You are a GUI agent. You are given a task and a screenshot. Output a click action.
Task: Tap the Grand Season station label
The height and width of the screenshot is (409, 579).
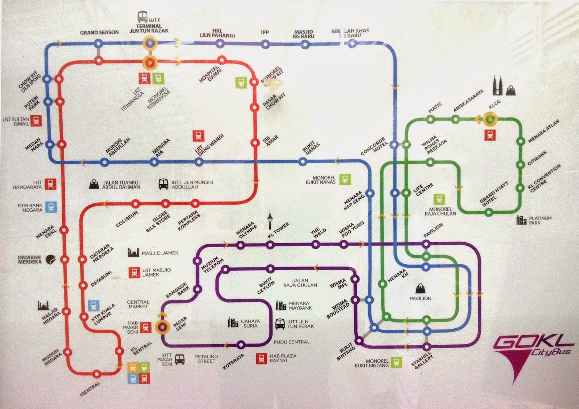point(99,32)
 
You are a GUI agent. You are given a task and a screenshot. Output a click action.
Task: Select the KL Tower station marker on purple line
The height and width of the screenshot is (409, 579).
point(270,245)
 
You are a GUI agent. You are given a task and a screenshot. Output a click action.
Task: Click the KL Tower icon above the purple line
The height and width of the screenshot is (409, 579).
point(270,220)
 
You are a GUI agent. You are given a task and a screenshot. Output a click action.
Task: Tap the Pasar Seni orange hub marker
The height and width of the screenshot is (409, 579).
point(162,327)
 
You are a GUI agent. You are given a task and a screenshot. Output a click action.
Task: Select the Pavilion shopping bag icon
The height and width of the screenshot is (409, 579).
point(420,288)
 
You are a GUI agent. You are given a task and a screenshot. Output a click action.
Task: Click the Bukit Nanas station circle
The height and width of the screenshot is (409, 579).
point(303,161)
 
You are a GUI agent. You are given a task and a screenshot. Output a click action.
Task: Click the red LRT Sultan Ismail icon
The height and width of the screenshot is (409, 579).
point(35,121)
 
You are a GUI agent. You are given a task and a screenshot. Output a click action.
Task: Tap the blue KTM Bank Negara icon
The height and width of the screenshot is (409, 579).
point(51,207)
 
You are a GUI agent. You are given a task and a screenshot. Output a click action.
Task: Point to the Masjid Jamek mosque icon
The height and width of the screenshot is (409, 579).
point(134,252)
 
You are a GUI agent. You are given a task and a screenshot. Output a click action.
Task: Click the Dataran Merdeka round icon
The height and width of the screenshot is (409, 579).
point(51,259)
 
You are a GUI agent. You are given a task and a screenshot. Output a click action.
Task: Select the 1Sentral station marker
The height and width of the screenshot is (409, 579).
point(97,374)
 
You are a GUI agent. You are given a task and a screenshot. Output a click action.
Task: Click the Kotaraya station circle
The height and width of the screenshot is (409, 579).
point(240,345)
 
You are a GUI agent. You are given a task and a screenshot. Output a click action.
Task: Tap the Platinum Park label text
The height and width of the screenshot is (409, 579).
point(540,220)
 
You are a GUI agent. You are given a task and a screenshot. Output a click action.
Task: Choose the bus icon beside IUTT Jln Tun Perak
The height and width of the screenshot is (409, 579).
point(280,324)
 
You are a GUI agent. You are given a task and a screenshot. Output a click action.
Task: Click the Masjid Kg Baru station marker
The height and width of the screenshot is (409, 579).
point(305,45)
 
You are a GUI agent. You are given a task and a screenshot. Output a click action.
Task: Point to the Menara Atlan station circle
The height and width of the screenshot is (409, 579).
point(521,142)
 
